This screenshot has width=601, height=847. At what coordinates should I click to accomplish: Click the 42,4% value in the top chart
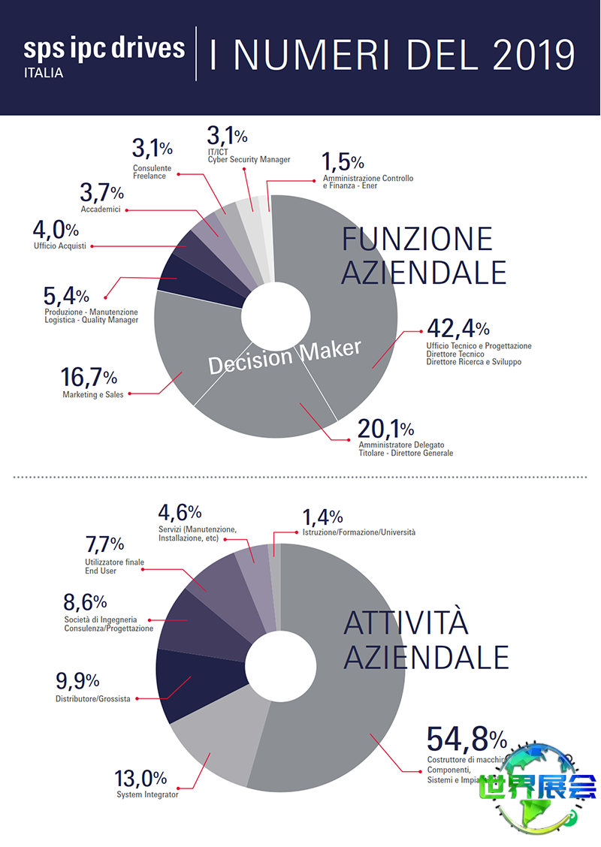pyautogui.click(x=458, y=328)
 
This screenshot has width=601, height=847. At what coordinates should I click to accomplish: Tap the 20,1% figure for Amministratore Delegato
pyautogui.click(x=385, y=429)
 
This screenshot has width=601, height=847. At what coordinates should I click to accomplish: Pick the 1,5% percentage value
pyautogui.click(x=343, y=161)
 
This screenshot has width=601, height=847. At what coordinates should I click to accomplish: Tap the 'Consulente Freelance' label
pyautogui.click(x=152, y=171)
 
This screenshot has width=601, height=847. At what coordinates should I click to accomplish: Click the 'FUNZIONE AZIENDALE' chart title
pyautogui.click(x=424, y=256)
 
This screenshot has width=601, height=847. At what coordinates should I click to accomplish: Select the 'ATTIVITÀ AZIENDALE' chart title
pyautogui.click(x=426, y=640)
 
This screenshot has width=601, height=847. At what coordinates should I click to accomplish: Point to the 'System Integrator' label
pyautogui.click(x=147, y=794)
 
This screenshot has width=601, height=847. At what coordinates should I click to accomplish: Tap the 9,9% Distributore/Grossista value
pyautogui.click(x=77, y=681)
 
